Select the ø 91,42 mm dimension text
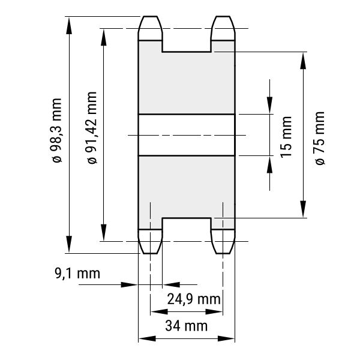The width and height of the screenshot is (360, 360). (x=92, y=128)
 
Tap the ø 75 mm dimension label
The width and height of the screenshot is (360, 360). (x=320, y=138)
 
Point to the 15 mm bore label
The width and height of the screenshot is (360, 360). (x=286, y=137)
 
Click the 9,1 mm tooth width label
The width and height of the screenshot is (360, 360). (x=77, y=274)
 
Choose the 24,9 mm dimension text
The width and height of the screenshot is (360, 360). (x=194, y=299)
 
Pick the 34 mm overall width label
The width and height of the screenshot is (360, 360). (x=186, y=326)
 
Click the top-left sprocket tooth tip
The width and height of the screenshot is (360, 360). (x=150, y=16)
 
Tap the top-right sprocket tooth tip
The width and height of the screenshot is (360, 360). (x=223, y=16)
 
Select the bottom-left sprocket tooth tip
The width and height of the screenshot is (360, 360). (x=150, y=253)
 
